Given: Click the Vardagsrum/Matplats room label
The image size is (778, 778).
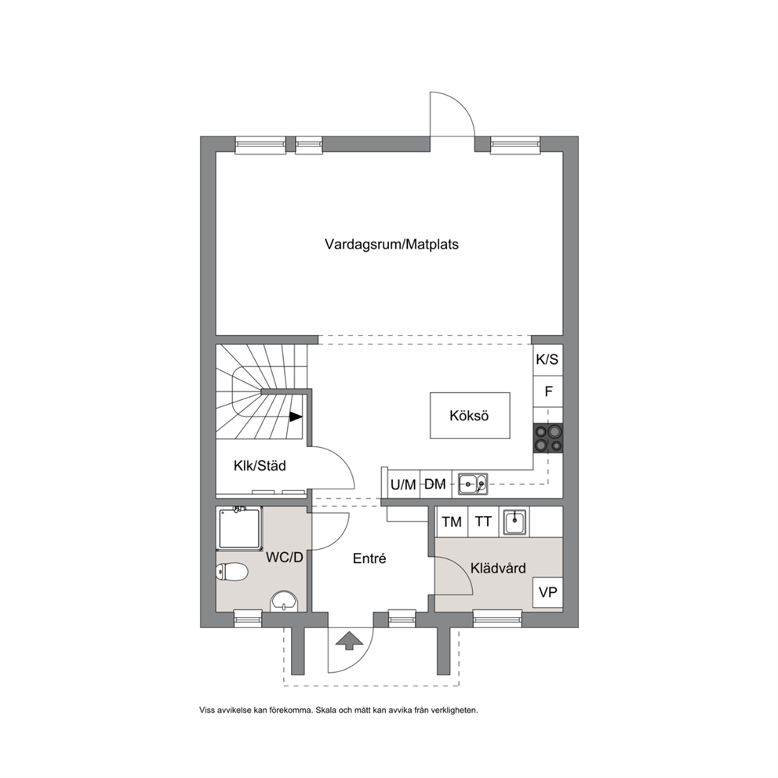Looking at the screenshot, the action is [x=391, y=244].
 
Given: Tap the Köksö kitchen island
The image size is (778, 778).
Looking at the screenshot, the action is [x=469, y=416].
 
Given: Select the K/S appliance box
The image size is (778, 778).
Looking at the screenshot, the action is [x=547, y=359].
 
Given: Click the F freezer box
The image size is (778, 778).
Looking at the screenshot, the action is [x=548, y=391].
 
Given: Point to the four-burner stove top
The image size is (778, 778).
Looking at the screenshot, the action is [x=548, y=438].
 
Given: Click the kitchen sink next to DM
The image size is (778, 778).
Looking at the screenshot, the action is [x=473, y=484].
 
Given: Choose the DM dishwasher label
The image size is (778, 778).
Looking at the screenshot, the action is [x=435, y=484].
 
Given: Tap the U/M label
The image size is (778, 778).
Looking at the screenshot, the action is [x=403, y=485].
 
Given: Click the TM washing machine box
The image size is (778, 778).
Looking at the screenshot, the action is [x=452, y=522].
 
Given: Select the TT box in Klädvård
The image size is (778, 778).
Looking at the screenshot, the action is [x=483, y=522].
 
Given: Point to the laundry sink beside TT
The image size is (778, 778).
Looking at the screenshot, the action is [x=515, y=522].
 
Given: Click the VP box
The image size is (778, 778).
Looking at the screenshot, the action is [x=547, y=592].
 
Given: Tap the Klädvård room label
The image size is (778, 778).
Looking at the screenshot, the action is [x=498, y=568].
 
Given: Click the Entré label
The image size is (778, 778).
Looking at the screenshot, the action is [x=369, y=558].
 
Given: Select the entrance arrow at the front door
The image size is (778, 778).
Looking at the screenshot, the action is [x=350, y=640].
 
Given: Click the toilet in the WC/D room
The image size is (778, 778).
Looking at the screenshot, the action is [x=231, y=573].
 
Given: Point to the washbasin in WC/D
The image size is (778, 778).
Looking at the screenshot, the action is [x=285, y=602].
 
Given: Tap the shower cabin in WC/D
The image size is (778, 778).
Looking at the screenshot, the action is [x=239, y=529].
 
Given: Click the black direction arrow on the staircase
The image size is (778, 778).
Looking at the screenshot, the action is [x=296, y=417].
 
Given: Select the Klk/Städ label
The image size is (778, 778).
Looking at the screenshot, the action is [x=260, y=466].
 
